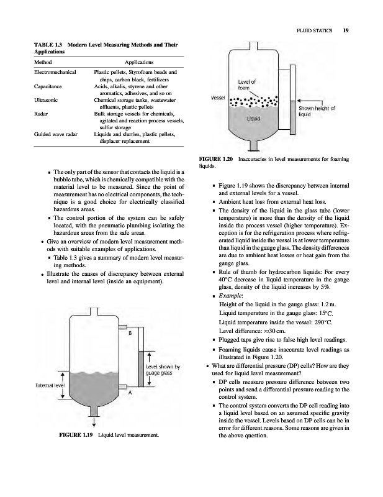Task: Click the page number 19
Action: pyautogui.click(x=345, y=28)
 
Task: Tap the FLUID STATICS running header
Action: pyautogui.click(x=315, y=28)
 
